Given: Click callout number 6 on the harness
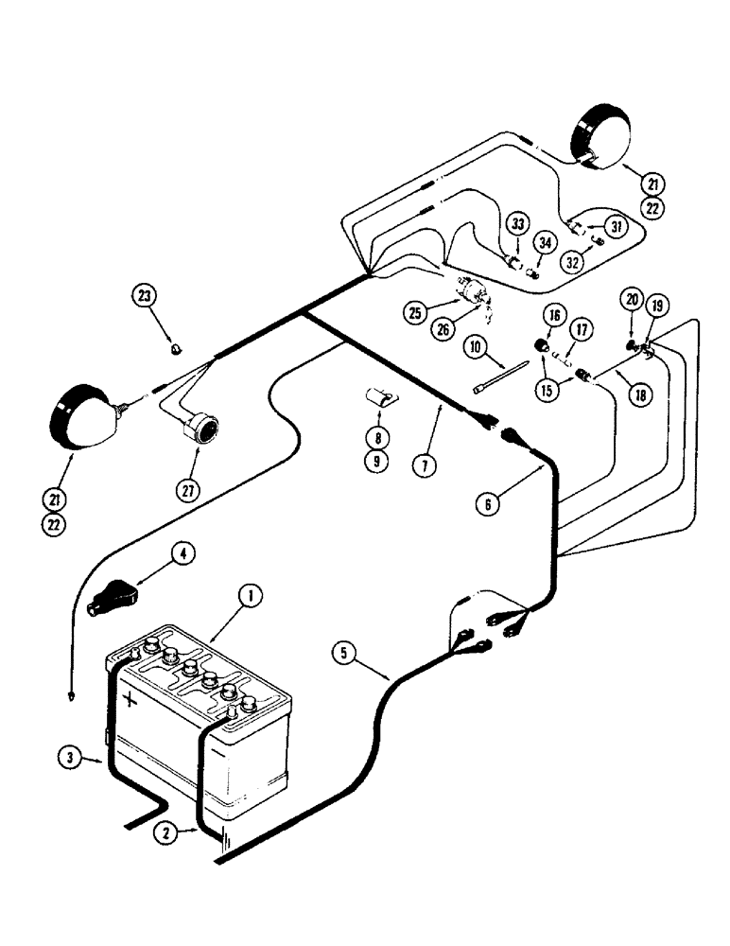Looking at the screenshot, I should pyautogui.click(x=488, y=504).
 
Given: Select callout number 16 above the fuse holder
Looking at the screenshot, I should pyautogui.click(x=551, y=315).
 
